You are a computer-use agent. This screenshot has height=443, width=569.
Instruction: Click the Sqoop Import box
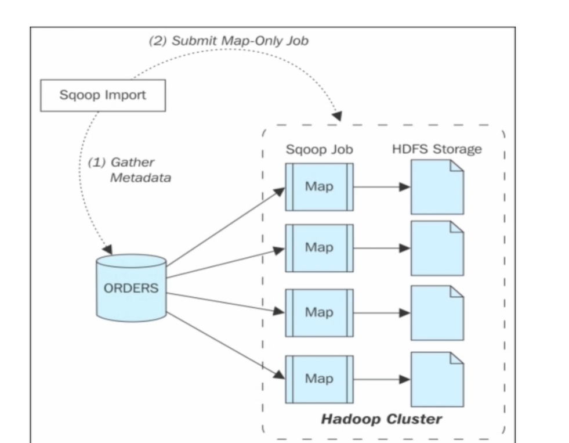[x=103, y=96]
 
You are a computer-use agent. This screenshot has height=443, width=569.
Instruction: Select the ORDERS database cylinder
[x=131, y=288]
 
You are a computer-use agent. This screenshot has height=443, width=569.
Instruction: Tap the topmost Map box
[x=319, y=187]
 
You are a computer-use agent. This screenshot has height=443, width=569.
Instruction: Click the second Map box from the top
[x=319, y=248]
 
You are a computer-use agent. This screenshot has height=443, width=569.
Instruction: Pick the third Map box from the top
[x=319, y=312]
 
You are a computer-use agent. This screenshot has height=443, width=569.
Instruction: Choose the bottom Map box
[x=319, y=379]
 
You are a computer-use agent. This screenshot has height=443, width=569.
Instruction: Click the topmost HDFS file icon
[x=437, y=187]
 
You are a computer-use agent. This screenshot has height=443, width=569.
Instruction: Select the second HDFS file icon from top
[x=437, y=248]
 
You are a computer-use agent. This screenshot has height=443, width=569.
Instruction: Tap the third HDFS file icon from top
[x=437, y=312]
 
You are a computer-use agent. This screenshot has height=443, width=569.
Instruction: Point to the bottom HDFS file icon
[x=437, y=379]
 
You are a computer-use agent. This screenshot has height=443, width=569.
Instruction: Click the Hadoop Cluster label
[x=382, y=419]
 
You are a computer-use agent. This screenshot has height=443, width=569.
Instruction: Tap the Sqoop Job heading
[x=319, y=150]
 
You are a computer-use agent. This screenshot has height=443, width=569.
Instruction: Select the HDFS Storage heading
[x=437, y=150]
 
